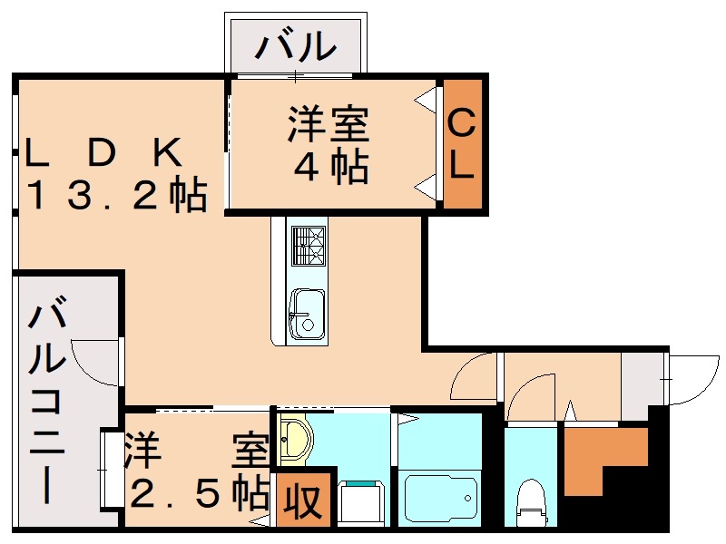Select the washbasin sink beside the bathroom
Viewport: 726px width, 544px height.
[295, 440]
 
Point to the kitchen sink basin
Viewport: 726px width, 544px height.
[307, 314]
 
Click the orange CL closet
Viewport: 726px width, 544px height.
[461, 145]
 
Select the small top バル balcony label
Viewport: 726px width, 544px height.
[296, 44]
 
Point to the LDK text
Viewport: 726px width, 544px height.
[104, 152]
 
